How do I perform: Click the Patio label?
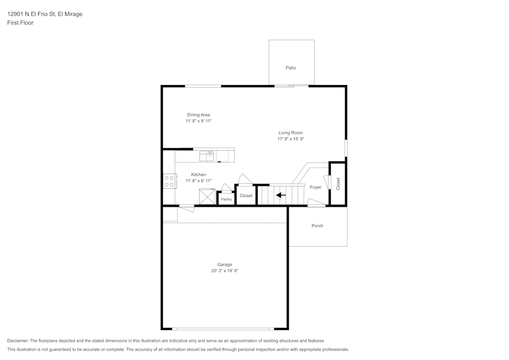point(291,68)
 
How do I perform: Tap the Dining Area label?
point(199,115)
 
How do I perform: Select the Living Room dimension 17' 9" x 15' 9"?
point(291,139)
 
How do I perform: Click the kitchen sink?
point(207,156)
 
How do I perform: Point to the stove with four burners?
point(170,181)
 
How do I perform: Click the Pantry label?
point(227,199)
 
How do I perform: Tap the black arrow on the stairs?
point(281,195)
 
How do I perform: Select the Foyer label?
point(315,187)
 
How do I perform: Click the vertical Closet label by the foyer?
point(338,184)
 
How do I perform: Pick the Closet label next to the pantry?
point(246,196)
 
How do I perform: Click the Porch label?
point(317,226)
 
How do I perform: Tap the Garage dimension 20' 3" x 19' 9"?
point(224,270)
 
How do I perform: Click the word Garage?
point(224,264)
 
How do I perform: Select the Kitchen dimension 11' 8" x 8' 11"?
point(199,180)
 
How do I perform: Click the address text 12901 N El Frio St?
point(31,14)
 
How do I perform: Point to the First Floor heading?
point(20,23)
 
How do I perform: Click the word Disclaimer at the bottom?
point(17,341)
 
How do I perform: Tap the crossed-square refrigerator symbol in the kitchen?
point(208,197)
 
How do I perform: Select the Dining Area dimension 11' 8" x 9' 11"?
point(199,121)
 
